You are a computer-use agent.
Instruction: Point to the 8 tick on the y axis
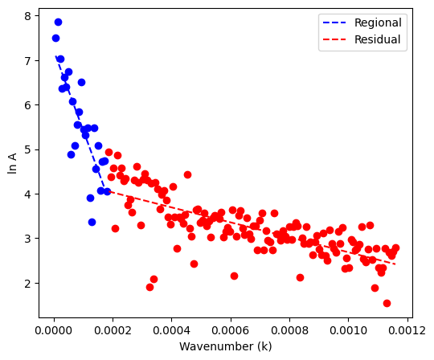(27, 16)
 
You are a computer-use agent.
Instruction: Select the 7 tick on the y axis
(27, 60)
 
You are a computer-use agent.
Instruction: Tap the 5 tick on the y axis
(27, 149)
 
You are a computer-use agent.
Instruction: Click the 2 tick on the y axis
(27, 283)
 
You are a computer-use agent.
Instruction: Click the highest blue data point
(58, 22)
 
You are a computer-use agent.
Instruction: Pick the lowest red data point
(387, 303)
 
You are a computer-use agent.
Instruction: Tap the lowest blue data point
(92, 222)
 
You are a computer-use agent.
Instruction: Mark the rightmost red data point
(395, 248)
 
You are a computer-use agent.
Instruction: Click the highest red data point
(108, 152)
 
